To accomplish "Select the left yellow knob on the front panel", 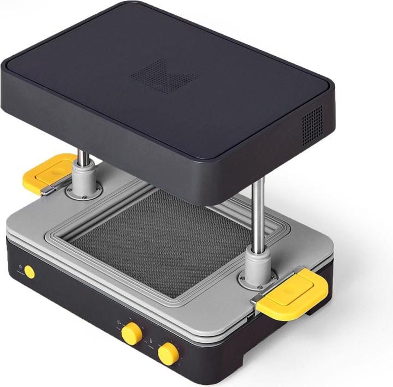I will click(132, 334).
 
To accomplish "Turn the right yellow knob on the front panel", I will click(168, 354).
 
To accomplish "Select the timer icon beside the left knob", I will click(118, 322).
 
